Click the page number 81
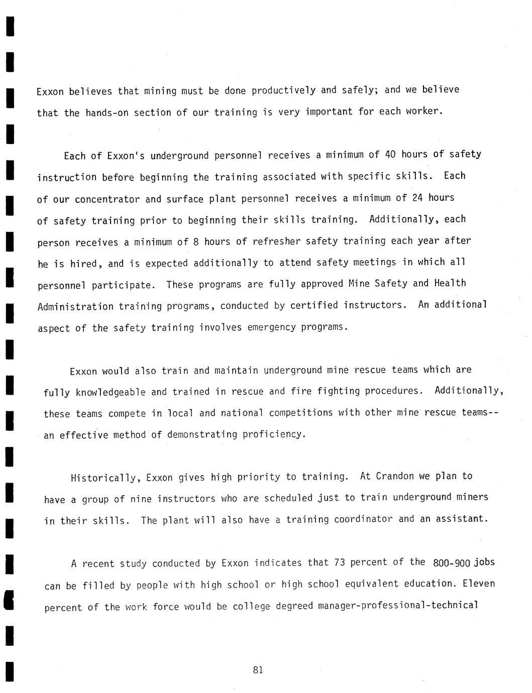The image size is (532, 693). (258, 669)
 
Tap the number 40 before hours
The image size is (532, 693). (390, 154)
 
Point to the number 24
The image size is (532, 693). (417, 198)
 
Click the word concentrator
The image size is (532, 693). (108, 199)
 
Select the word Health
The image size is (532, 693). (450, 283)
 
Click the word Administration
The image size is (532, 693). (75, 306)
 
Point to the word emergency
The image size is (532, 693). (271, 327)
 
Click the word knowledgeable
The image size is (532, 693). (111, 392)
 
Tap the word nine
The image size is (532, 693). (141, 499)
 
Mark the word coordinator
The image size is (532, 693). (365, 519)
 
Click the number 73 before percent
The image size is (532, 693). (339, 562)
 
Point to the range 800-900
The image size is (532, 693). (451, 563)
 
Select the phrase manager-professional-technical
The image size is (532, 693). (398, 606)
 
